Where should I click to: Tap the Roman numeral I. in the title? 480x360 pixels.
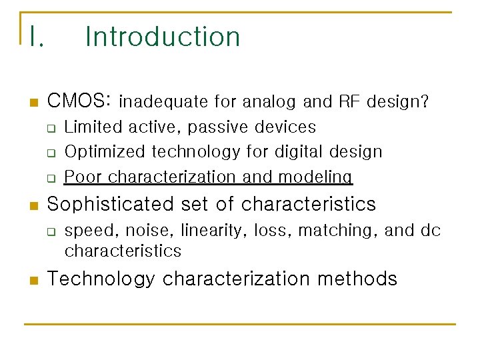36,37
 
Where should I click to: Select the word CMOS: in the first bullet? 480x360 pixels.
79,101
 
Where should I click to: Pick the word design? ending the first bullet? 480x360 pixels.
398,102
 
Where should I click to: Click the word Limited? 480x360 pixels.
92,127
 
